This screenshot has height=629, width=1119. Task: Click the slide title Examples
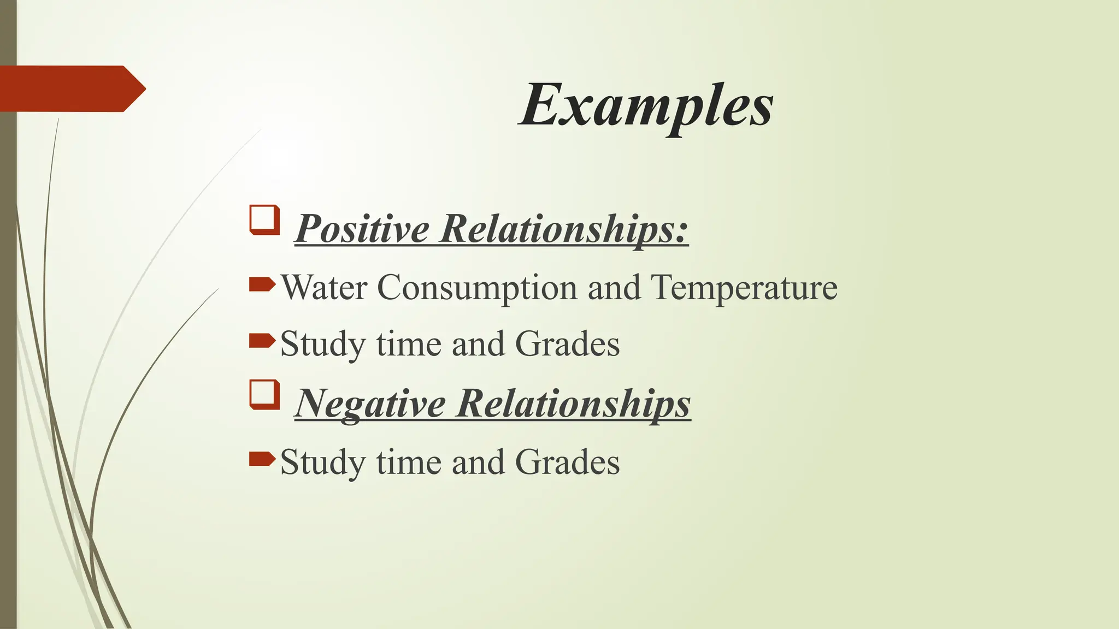click(646, 105)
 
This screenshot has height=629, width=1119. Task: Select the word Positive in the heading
click(362, 228)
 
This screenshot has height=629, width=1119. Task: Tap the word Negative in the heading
click(370, 403)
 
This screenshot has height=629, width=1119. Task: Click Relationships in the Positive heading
click(564, 228)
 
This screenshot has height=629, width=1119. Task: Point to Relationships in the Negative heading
click(574, 403)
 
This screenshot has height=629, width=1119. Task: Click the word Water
click(323, 287)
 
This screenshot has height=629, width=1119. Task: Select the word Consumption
click(477, 288)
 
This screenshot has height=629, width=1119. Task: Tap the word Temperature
click(744, 288)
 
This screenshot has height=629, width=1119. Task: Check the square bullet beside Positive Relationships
click(265, 220)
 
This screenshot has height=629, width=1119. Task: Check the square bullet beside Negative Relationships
click(265, 395)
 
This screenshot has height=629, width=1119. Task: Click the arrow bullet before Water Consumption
click(262, 284)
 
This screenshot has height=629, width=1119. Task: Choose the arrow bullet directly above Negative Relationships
click(262, 341)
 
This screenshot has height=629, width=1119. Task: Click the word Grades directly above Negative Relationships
click(567, 344)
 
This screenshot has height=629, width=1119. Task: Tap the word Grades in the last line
click(567, 462)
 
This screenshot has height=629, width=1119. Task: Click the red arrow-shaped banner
click(71, 88)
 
